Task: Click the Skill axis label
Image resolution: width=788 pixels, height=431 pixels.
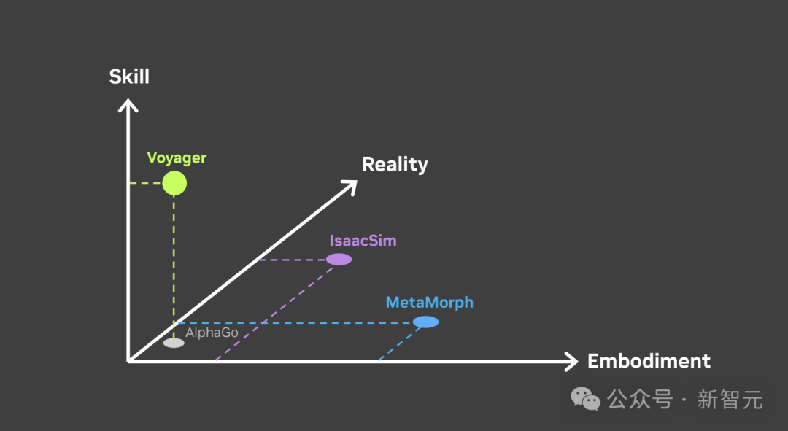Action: coord(129,77)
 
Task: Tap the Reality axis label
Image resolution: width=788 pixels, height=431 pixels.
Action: coord(395,164)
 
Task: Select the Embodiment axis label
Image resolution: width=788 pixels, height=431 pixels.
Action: coord(649,361)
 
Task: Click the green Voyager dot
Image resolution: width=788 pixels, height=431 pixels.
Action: coord(174,183)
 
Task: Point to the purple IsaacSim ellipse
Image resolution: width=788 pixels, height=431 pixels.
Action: coord(339,259)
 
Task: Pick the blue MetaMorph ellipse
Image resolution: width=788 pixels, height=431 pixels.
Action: coord(425,322)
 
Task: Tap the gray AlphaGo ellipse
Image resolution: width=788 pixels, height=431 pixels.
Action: coord(174,343)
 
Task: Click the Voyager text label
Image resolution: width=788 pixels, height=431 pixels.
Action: coord(177,158)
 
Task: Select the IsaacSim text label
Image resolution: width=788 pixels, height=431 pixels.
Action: coord(363,240)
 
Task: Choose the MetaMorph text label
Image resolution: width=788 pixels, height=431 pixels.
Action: coord(429,302)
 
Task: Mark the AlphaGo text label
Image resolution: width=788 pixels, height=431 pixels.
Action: coord(212,333)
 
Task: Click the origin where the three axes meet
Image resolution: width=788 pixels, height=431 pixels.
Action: coord(129,360)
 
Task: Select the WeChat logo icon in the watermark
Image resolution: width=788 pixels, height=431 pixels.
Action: coord(586,398)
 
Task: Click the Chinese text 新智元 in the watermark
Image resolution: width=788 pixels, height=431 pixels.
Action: coord(730,400)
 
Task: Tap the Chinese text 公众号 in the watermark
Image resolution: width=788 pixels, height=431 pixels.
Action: coord(639,400)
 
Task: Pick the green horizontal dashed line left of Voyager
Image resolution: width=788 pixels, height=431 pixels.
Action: coord(145,183)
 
